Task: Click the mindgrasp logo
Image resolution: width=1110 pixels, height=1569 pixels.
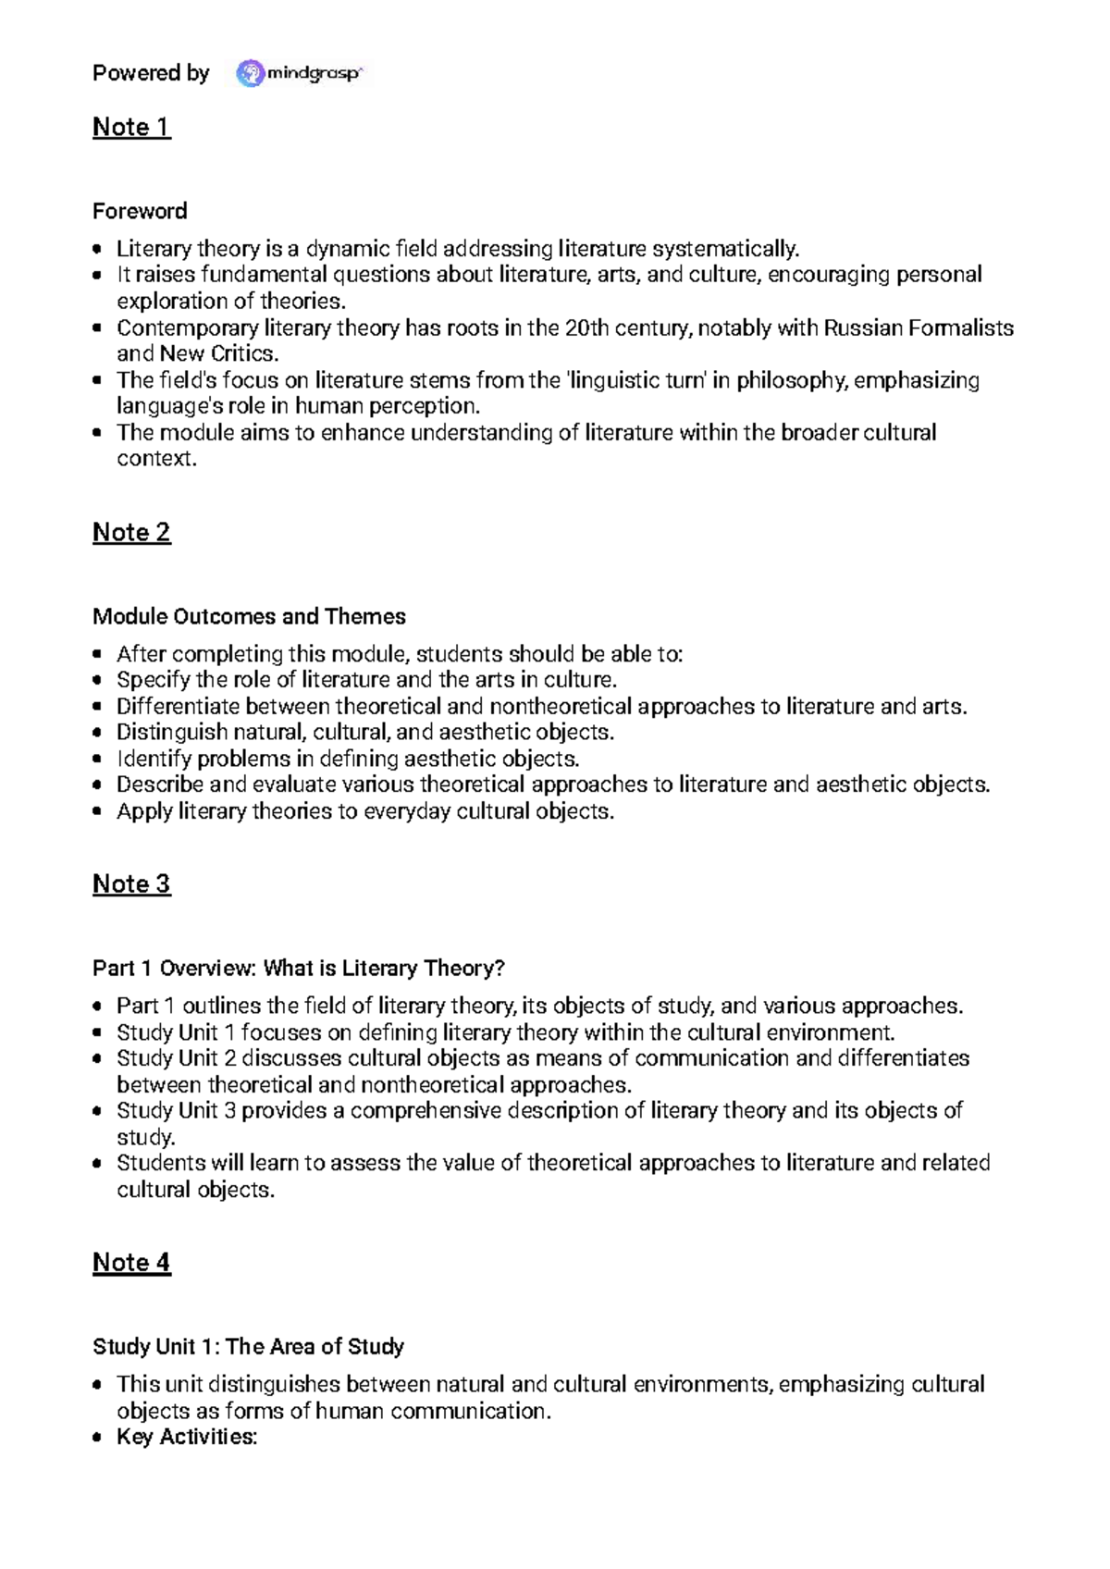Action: point(300,73)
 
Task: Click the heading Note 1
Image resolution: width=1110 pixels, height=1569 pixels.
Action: point(131,127)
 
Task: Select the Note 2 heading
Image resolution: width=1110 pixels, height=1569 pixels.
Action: point(131,532)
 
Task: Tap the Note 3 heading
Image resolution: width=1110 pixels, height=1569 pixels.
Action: point(131,883)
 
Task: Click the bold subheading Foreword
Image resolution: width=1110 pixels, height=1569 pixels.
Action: point(140,211)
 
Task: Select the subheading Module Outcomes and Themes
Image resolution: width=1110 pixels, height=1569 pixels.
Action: point(249,616)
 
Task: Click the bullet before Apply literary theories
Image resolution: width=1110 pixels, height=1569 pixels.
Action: point(97,811)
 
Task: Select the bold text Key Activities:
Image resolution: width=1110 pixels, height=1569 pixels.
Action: point(187,1437)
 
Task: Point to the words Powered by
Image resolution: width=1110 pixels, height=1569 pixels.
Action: point(151,73)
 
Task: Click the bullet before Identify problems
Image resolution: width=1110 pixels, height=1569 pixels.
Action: point(97,759)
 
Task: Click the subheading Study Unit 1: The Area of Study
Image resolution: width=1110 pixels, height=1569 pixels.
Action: point(248,1346)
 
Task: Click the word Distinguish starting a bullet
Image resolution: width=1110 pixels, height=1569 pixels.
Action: point(171,732)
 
